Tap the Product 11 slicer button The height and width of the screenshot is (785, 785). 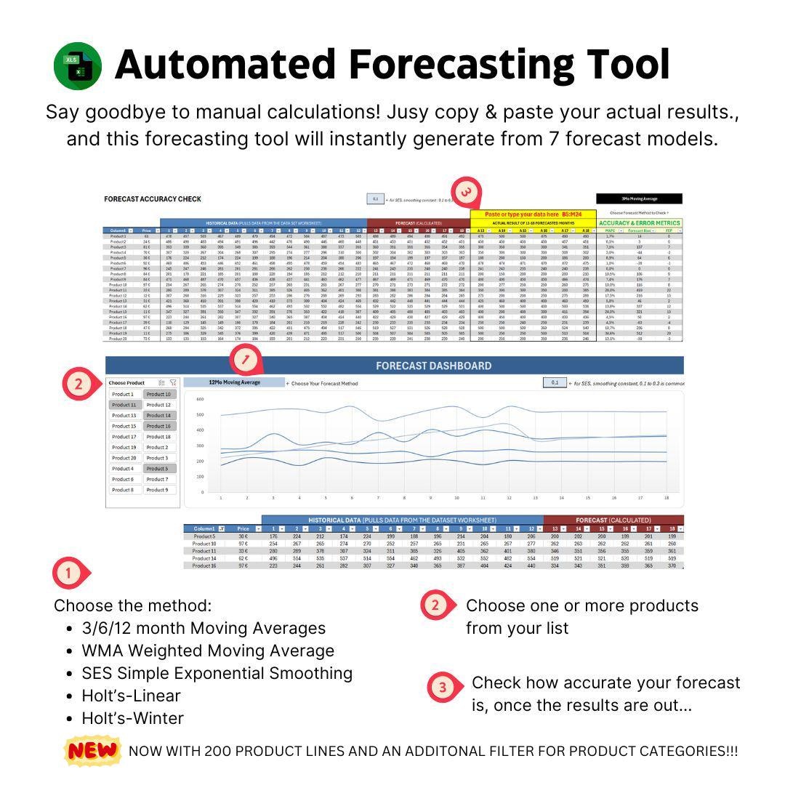click(124, 405)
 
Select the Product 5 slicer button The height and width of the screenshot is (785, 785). click(158, 469)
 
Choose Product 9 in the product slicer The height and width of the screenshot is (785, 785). click(158, 490)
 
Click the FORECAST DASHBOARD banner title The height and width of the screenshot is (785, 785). click(433, 366)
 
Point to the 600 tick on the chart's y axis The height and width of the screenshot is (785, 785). click(199, 398)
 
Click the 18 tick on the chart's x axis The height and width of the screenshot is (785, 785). click(667, 498)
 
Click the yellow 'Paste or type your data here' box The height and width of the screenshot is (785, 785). click(533, 214)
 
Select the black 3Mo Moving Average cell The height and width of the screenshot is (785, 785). click(639, 198)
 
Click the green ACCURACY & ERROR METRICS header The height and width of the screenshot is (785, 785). click(640, 223)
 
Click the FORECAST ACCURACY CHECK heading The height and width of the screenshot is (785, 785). click(153, 199)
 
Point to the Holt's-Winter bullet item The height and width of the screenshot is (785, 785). click(132, 718)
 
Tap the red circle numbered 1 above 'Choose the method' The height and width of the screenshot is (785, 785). click(69, 573)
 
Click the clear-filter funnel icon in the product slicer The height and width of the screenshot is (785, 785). click(173, 382)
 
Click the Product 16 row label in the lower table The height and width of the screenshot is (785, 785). click(204, 565)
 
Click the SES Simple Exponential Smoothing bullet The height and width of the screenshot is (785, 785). click(217, 673)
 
